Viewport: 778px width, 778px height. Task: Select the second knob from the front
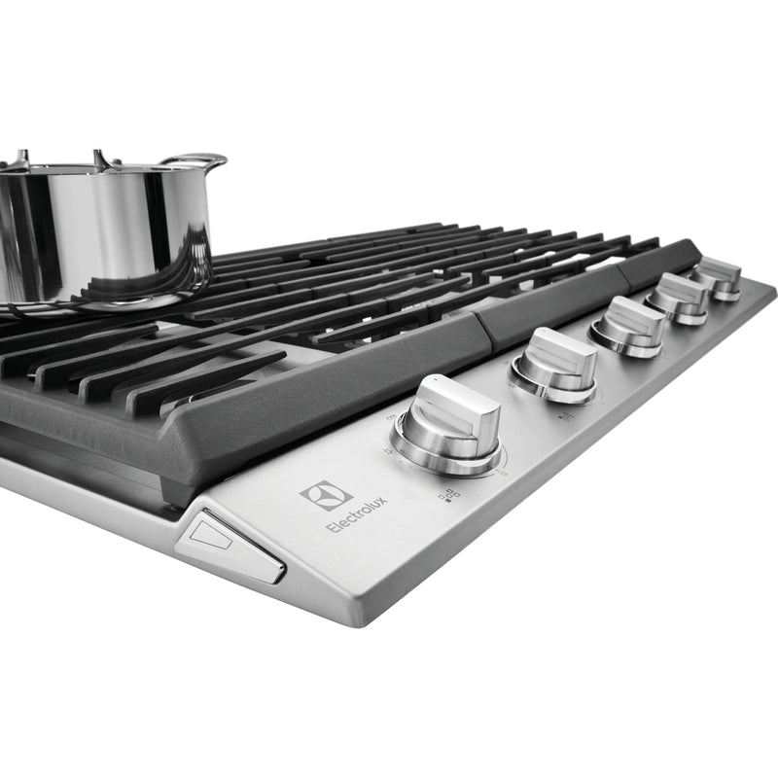point(556,364)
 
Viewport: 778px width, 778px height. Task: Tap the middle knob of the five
point(631,326)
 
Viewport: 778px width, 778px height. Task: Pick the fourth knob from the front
point(680,298)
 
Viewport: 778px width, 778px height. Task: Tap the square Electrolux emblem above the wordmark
point(325,493)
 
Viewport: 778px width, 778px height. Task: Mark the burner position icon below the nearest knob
point(449,497)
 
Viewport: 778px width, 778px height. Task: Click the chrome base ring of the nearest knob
point(447,462)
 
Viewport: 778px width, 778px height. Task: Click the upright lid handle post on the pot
point(98,158)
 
